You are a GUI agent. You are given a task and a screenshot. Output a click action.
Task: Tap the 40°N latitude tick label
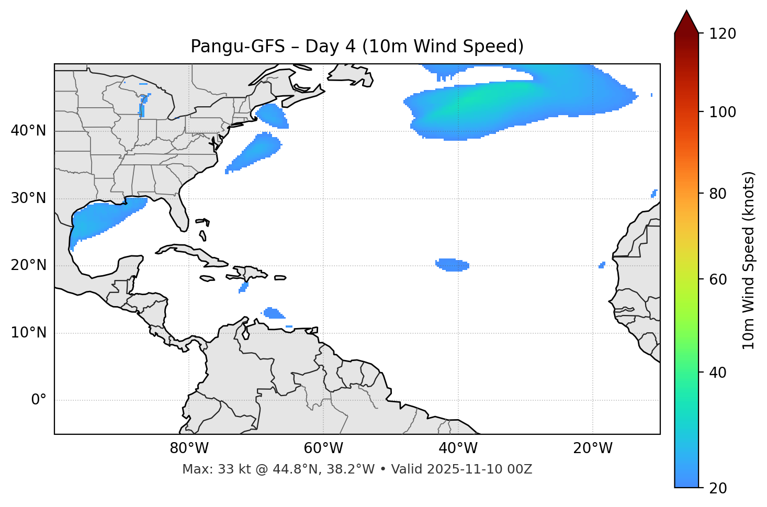[28, 131]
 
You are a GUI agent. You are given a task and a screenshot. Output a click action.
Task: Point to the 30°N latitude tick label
[28, 198]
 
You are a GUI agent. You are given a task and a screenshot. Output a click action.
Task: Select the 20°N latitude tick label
[28, 265]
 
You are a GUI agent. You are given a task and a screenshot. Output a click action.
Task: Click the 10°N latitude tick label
[28, 333]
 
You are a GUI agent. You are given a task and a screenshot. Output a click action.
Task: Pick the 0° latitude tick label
[38, 400]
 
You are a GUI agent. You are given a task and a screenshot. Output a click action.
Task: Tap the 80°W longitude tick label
[189, 448]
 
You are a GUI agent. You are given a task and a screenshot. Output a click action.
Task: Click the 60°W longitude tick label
[323, 448]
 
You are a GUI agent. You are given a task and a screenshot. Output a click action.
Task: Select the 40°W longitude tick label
[458, 448]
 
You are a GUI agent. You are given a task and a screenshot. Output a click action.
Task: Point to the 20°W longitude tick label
[592, 448]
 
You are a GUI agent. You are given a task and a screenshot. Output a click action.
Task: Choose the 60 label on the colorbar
[719, 279]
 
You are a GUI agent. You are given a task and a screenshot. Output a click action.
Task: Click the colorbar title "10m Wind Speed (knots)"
[749, 260]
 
